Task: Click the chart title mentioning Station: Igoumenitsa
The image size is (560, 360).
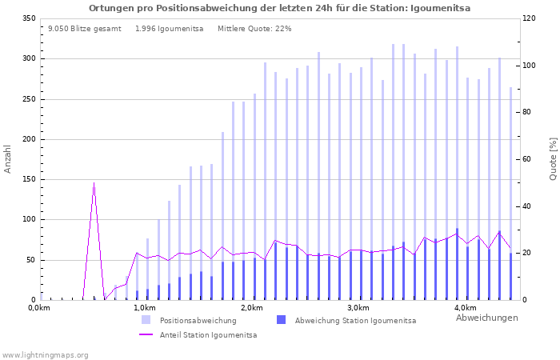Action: click(x=279, y=8)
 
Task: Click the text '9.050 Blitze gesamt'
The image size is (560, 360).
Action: click(x=84, y=29)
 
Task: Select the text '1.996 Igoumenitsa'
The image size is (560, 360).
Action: click(x=169, y=29)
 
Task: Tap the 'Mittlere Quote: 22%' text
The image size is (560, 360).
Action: click(x=254, y=29)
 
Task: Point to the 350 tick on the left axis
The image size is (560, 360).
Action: click(x=29, y=18)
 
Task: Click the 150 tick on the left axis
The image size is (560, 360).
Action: click(x=29, y=179)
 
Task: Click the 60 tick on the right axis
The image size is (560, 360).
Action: click(x=529, y=159)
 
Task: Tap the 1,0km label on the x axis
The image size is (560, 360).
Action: click(x=144, y=308)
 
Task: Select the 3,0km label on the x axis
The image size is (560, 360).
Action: click(x=358, y=308)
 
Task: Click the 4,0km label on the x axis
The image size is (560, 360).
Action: click(x=465, y=308)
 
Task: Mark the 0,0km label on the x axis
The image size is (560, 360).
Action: click(x=39, y=308)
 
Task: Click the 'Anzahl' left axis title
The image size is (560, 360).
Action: click(x=8, y=158)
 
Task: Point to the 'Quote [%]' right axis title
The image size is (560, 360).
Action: click(x=553, y=158)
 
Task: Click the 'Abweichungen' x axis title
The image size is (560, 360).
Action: click(x=486, y=318)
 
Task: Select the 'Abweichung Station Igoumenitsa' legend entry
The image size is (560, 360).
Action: click(x=355, y=321)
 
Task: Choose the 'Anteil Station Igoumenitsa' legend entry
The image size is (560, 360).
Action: click(x=208, y=335)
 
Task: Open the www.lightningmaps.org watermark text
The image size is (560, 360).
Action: click(x=45, y=354)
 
